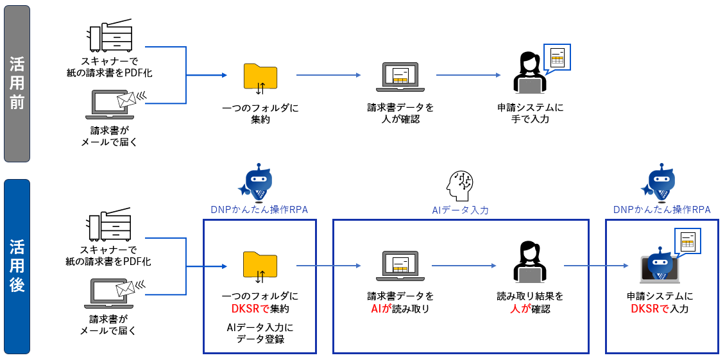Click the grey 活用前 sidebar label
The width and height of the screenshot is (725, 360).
[x=17, y=83]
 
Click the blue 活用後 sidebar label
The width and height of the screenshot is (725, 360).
[x=17, y=266]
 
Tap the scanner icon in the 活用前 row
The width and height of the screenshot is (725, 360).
[x=111, y=37]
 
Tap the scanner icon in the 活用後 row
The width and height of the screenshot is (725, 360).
[x=111, y=228]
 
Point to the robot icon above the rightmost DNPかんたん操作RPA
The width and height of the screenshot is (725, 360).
[x=661, y=184]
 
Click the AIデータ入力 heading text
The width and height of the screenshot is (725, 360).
[x=460, y=210]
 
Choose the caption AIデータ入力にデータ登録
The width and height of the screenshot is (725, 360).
[x=260, y=333]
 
